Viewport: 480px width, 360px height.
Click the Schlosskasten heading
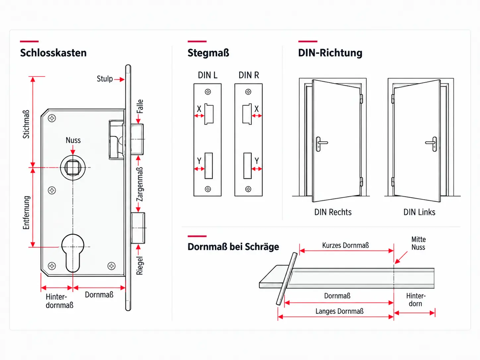click(53, 53)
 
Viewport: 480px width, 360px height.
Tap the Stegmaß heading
click(208, 53)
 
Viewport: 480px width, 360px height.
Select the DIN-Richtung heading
click(330, 53)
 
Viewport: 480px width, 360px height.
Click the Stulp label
click(105, 79)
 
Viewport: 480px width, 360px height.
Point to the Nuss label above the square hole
click(73, 140)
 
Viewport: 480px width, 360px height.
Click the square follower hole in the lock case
click(73, 167)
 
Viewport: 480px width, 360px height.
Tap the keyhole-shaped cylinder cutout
click(73, 253)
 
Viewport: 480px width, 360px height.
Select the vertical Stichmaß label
click(26, 124)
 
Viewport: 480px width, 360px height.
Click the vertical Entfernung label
click(26, 213)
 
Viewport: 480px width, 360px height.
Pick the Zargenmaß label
click(140, 184)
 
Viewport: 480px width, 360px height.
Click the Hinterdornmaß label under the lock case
click(59, 301)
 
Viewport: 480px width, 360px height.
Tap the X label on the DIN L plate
click(199, 109)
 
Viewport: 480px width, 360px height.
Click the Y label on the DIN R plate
click(257, 161)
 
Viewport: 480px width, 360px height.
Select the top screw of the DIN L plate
click(208, 92)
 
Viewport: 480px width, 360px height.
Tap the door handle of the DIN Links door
click(432, 144)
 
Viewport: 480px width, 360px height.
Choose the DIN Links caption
click(419, 212)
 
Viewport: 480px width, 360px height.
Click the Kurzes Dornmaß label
click(345, 245)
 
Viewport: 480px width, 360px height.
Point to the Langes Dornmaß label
click(339, 311)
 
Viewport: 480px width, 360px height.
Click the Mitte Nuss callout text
click(418, 243)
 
